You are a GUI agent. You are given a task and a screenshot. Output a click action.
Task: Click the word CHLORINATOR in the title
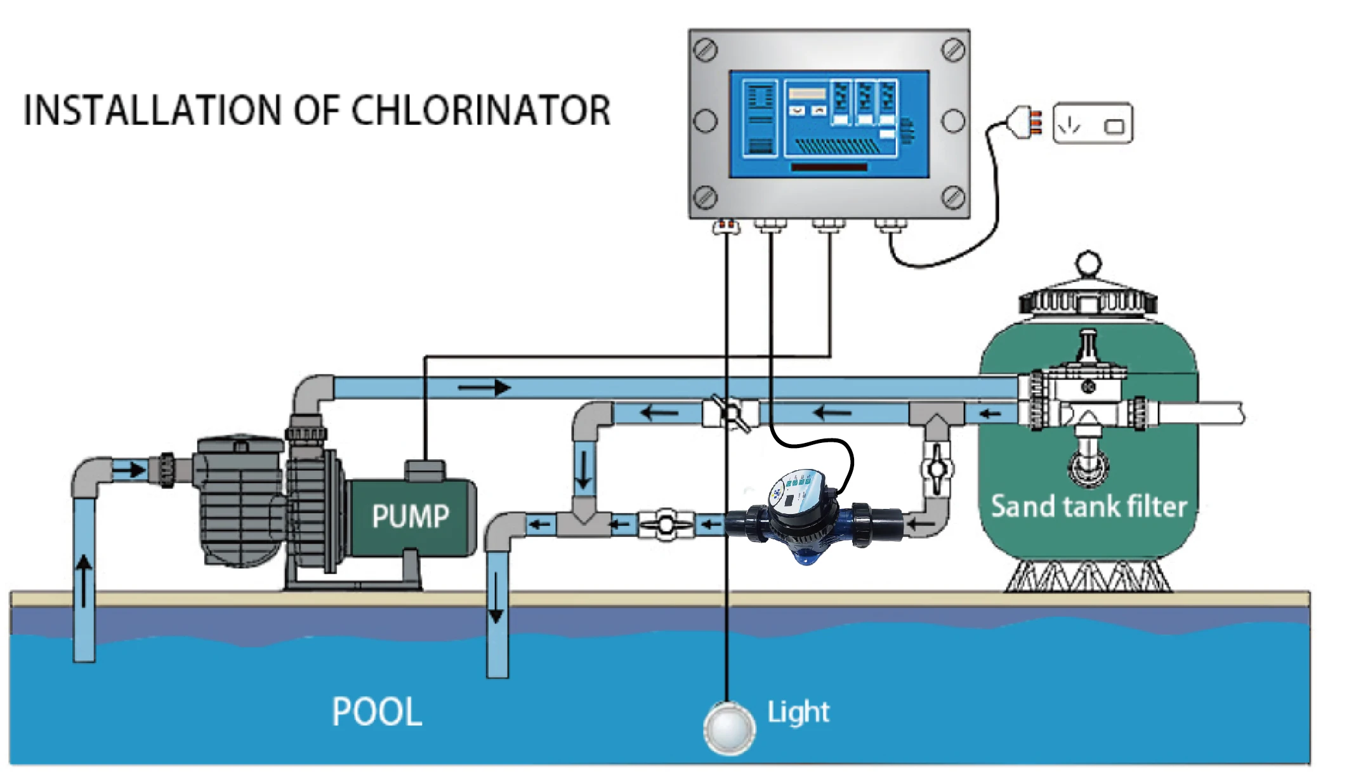click(480, 110)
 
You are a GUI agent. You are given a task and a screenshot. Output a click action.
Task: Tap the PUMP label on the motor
click(411, 515)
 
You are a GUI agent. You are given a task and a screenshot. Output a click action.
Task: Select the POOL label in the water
click(377, 711)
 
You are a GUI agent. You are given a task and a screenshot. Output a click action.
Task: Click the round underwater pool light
click(729, 729)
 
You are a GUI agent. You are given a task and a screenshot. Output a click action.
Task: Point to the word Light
click(798, 713)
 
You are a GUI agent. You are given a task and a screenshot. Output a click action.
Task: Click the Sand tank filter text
click(1089, 506)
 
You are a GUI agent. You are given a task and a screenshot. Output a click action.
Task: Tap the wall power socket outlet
click(1093, 123)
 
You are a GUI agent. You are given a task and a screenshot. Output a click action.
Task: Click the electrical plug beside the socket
click(1023, 122)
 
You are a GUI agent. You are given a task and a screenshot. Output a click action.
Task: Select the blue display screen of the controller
click(829, 124)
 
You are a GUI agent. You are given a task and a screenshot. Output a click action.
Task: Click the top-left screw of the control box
click(706, 49)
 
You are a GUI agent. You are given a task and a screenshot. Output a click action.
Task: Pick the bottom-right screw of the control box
click(952, 197)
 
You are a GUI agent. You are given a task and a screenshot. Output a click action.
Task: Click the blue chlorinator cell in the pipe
click(803, 517)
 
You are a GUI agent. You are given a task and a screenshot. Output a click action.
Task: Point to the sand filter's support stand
click(1088, 576)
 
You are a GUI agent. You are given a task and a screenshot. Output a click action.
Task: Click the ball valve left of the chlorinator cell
click(665, 525)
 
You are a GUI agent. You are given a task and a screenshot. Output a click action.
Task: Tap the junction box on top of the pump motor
click(424, 470)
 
